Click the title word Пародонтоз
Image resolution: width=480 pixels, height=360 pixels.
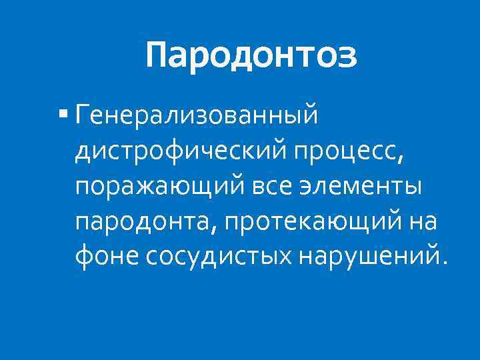pyautogui.click(x=251, y=55)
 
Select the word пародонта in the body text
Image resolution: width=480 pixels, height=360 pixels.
pyautogui.click(x=142, y=221)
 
